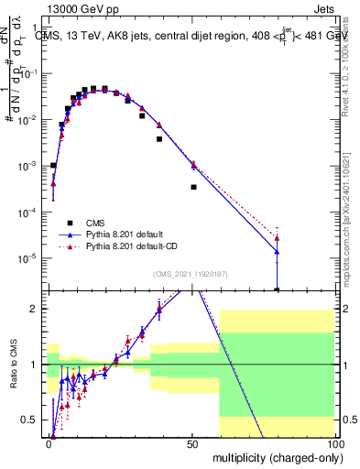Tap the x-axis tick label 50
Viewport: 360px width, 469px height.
click(x=193, y=443)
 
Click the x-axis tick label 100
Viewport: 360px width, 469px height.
click(x=335, y=443)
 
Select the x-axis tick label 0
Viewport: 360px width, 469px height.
click(x=49, y=443)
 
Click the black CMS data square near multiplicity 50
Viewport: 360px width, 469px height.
click(x=193, y=187)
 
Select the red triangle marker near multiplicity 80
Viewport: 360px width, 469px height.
click(x=277, y=238)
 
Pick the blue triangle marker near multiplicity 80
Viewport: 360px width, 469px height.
click(x=277, y=252)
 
